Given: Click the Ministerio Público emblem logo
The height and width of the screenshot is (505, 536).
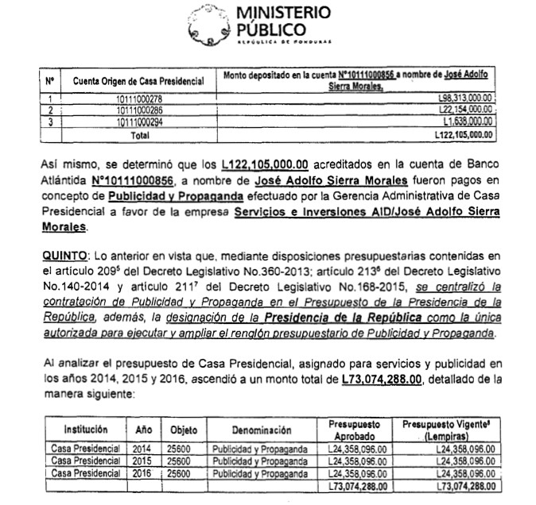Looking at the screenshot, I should [x=208, y=25].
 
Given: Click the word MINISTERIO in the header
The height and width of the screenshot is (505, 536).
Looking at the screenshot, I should [x=285, y=13].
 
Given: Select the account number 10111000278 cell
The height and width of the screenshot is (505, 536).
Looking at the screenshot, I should [x=138, y=98].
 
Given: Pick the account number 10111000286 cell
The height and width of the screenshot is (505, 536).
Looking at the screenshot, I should [x=138, y=110].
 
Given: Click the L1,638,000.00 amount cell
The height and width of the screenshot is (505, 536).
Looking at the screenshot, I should [x=467, y=122].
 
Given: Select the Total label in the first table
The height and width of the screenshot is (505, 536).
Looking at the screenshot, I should [x=138, y=135].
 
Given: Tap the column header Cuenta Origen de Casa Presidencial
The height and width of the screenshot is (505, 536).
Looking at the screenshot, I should [x=138, y=81].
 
